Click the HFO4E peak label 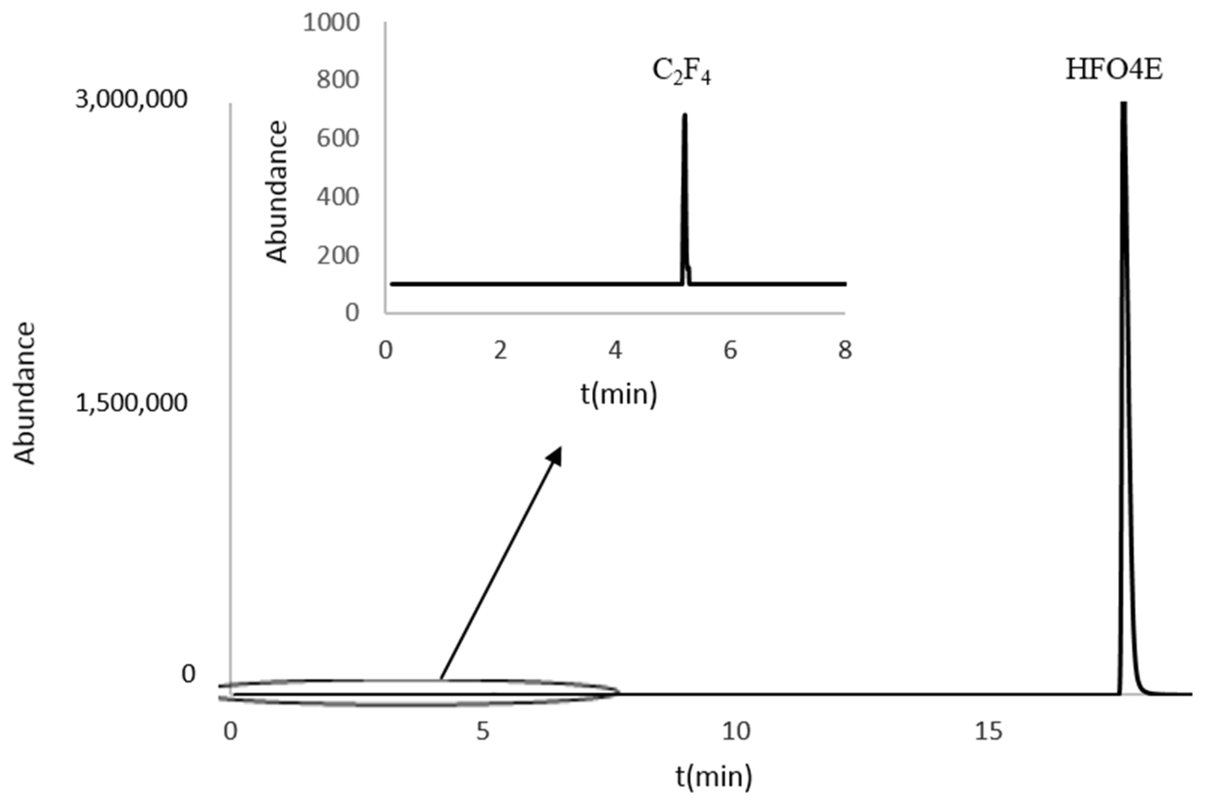[x=1114, y=71]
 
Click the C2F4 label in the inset [x=681, y=72]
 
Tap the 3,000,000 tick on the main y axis [x=131, y=99]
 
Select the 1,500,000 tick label [x=131, y=403]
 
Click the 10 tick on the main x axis [x=736, y=731]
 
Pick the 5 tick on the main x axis [x=482, y=731]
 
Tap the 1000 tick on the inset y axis [x=331, y=23]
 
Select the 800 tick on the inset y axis [x=337, y=80]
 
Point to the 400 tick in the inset [x=337, y=197]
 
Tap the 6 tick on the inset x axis [x=730, y=351]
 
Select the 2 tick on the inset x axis [x=500, y=351]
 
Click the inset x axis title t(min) [x=619, y=394]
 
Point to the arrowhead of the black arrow [x=556, y=453]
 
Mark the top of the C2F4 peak [x=685, y=115]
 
